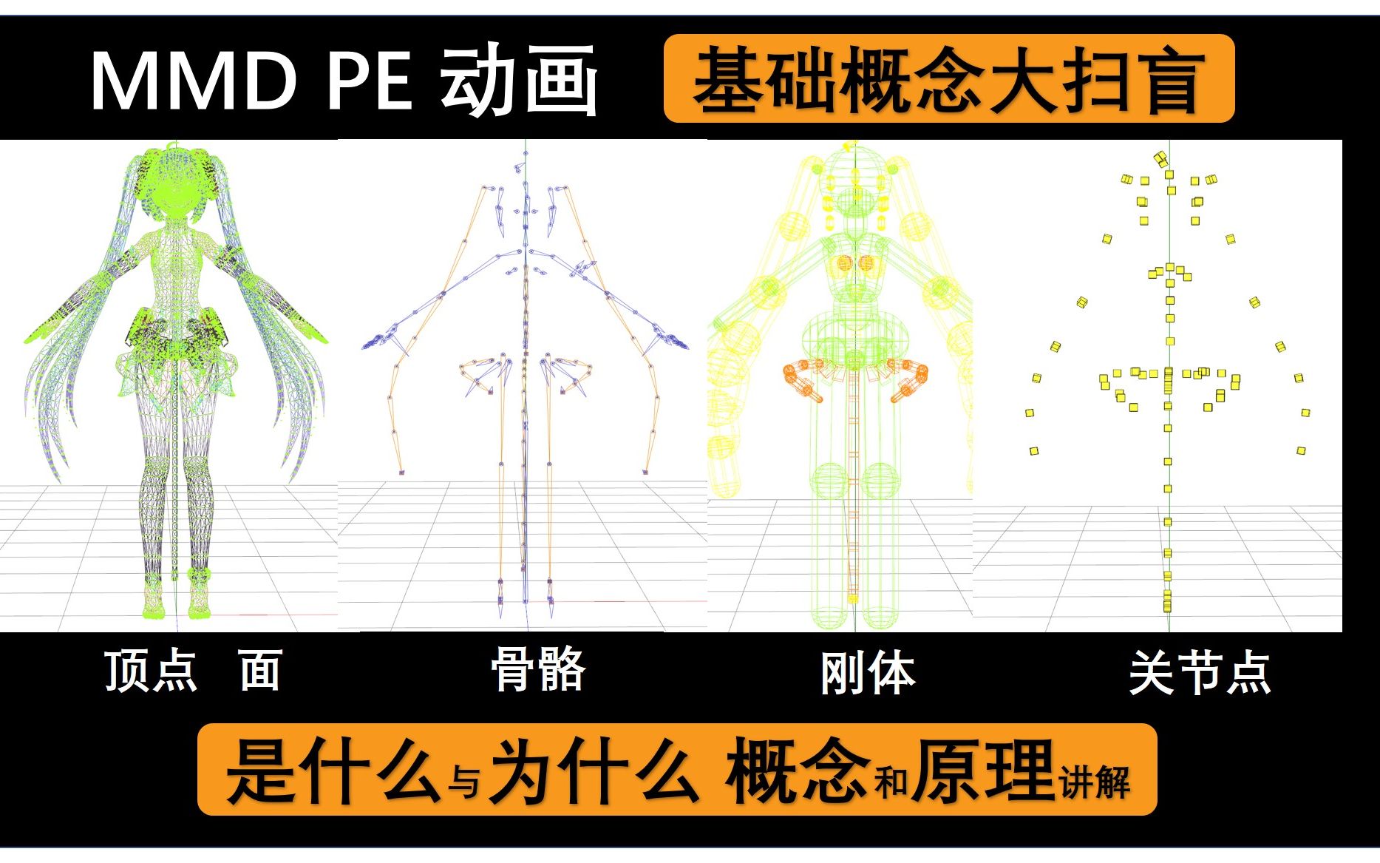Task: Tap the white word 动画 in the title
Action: click(519, 80)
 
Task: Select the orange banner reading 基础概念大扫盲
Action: click(949, 78)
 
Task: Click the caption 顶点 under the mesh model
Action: click(152, 671)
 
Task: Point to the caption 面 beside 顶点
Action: click(260, 671)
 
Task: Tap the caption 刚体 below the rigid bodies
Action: click(868, 673)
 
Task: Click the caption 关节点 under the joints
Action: click(1200, 673)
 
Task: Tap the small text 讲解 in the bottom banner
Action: click(1095, 782)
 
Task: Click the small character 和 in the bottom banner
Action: click(891, 782)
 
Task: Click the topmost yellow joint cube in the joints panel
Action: click(1160, 158)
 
